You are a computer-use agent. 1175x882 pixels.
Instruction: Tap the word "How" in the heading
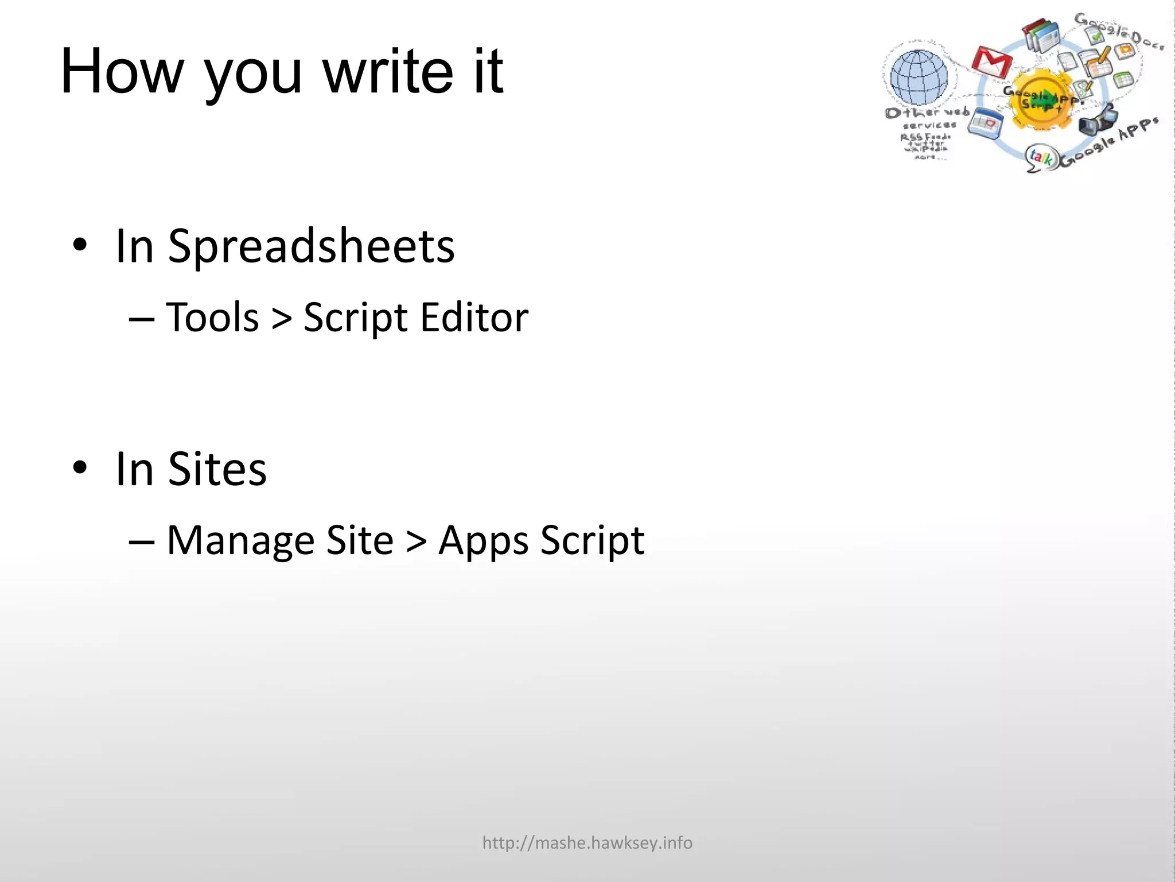point(122,71)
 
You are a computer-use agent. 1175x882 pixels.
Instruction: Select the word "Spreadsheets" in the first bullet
point(311,247)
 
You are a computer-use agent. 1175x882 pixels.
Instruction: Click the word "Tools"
point(212,318)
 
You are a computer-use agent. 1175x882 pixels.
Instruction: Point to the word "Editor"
point(474,318)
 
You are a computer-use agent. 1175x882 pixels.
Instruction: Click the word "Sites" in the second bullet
point(217,469)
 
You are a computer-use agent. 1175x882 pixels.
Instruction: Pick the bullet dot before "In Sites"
point(80,468)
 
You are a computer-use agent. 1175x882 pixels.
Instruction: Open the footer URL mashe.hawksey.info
point(587,842)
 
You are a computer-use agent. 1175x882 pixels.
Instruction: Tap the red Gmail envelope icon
point(992,62)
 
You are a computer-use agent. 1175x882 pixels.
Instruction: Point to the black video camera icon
point(1097,121)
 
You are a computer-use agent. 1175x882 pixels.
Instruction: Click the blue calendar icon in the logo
point(985,122)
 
